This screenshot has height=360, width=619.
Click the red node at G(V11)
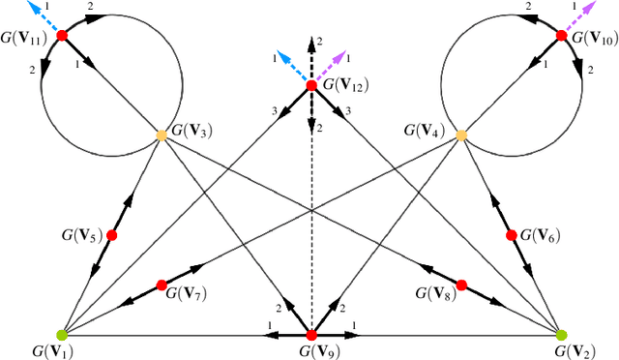click(x=62, y=35)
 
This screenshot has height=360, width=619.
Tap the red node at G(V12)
click(x=311, y=85)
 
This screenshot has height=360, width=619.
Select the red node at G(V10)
click(x=562, y=35)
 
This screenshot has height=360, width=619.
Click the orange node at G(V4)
click(x=461, y=135)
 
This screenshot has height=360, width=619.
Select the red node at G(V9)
click(x=311, y=335)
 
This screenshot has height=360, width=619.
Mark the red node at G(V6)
click(x=512, y=235)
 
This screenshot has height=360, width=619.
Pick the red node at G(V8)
click(x=462, y=285)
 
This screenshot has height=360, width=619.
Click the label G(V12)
click(x=349, y=85)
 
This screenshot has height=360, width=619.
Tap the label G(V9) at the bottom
click(x=311, y=352)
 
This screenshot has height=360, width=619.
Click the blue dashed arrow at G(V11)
click(x=41, y=13)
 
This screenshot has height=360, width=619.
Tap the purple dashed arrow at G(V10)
click(x=583, y=13)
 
